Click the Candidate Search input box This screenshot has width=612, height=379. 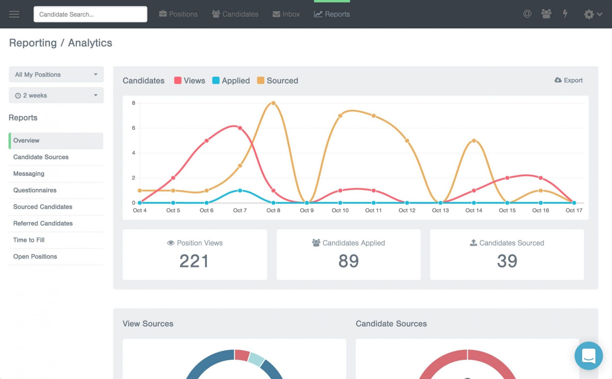(x=90, y=14)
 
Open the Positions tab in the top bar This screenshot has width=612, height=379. (x=178, y=14)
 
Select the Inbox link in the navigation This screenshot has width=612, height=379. (x=286, y=14)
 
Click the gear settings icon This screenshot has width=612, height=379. (x=589, y=14)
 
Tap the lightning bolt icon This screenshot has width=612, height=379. (x=565, y=14)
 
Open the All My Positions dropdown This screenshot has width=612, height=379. (x=56, y=74)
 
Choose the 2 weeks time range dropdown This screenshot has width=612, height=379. (x=56, y=95)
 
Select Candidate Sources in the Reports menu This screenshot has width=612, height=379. (x=41, y=157)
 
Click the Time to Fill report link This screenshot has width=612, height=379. (x=29, y=240)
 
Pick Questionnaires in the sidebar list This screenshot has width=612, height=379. (x=35, y=190)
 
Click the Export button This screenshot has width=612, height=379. (x=569, y=80)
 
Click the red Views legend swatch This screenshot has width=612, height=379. (x=178, y=80)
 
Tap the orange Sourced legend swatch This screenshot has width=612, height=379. (x=261, y=80)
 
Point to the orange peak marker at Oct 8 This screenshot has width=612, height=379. (x=273, y=103)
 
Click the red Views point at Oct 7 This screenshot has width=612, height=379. (x=240, y=128)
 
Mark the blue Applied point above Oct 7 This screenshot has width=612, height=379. (x=240, y=190)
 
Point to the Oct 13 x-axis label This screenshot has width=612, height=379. (x=440, y=210)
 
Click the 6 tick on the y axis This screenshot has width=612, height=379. (x=134, y=128)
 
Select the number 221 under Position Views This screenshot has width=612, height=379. (x=194, y=261)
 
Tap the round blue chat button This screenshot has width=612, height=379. (x=588, y=356)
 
